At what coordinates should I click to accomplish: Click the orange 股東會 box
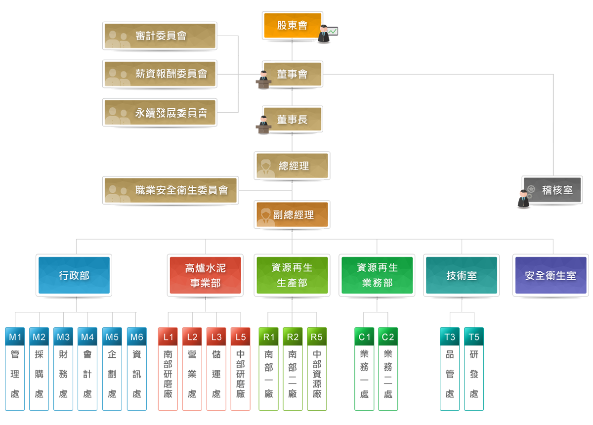click(x=292, y=26)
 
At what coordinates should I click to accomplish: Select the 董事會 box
click(x=292, y=74)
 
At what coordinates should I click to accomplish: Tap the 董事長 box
click(x=292, y=120)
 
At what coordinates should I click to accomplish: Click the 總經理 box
click(x=292, y=166)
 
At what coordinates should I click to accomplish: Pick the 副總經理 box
click(x=292, y=214)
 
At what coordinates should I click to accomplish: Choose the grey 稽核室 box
click(x=552, y=190)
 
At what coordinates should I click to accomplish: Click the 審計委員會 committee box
click(x=160, y=36)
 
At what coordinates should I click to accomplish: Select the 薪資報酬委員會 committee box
click(x=160, y=74)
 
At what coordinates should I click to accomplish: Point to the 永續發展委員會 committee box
click(x=160, y=113)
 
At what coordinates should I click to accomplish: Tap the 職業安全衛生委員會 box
click(x=170, y=190)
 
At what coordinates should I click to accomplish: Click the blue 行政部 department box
click(x=74, y=275)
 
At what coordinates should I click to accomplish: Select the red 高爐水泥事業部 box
click(x=205, y=275)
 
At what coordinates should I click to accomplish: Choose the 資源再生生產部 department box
click(x=292, y=275)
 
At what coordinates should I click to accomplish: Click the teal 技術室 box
click(x=461, y=275)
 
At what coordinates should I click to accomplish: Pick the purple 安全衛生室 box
click(x=551, y=275)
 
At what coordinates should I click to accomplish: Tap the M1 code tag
click(x=15, y=337)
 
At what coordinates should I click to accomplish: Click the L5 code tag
click(x=241, y=337)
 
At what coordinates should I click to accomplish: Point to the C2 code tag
click(x=388, y=337)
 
